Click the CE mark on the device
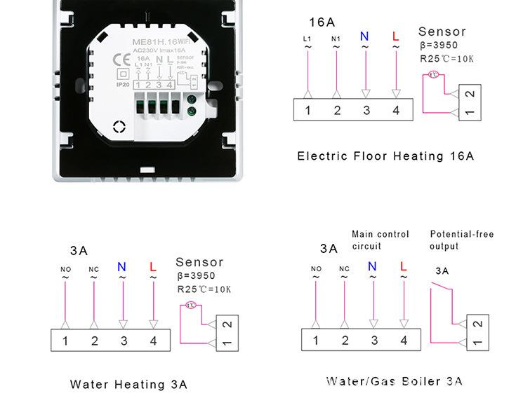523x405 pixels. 120,58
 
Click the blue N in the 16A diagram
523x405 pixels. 364,36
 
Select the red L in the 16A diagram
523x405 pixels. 395,36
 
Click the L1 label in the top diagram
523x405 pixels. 307,39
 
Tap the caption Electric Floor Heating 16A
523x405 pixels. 385,156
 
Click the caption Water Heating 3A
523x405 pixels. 128,384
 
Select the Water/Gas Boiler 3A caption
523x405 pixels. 394,381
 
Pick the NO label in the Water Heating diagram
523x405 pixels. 65,269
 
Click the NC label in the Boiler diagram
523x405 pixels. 344,268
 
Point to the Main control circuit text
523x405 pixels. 380,240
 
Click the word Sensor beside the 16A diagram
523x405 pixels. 442,32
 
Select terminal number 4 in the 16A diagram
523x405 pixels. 396,110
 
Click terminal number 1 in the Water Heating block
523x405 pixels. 65,341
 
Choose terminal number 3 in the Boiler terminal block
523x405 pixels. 374,341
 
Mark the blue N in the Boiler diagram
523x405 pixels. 372,266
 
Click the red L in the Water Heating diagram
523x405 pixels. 153,267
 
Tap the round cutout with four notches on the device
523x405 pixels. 119,127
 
